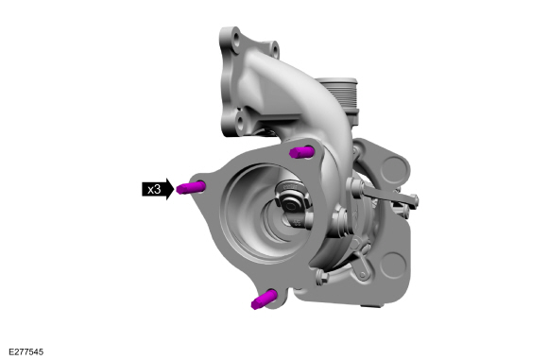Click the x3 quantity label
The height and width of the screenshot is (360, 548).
coord(154,189)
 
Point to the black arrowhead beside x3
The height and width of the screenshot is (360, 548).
coord(169,189)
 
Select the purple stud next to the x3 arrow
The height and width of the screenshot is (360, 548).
coord(190,187)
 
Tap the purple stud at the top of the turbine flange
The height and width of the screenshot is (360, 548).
coord(301,152)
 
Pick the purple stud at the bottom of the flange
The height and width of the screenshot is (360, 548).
coord(264,300)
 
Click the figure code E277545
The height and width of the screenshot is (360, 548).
coord(26,351)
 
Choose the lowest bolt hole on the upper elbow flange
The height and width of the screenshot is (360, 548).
coord(240,122)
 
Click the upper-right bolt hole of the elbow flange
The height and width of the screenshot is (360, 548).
coord(275,49)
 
